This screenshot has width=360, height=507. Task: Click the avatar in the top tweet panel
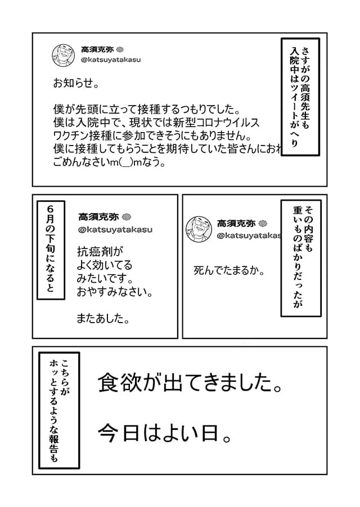(64, 55)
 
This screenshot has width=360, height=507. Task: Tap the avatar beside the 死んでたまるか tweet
(199, 229)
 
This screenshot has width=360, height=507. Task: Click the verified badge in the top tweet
(120, 50)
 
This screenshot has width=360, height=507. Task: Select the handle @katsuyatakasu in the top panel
(111, 60)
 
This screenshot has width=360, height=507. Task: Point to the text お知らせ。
(76, 83)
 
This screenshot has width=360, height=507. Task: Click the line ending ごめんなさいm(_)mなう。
(110, 162)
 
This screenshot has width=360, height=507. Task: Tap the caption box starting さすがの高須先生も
(300, 97)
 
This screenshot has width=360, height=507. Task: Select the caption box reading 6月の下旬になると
(51, 250)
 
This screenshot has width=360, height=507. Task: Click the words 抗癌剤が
(100, 251)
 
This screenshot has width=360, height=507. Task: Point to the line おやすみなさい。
(115, 292)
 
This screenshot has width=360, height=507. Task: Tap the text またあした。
(103, 319)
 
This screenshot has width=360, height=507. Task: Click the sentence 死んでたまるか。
(229, 270)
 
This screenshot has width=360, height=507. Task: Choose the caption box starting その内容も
(301, 258)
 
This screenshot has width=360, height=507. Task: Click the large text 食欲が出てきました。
(190, 383)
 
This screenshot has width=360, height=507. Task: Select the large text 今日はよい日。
(165, 433)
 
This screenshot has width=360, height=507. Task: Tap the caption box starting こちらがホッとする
(59, 410)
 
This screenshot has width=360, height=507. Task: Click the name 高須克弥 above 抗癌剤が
(98, 217)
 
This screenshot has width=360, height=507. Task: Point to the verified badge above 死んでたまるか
(263, 224)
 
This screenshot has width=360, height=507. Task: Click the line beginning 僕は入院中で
(156, 123)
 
